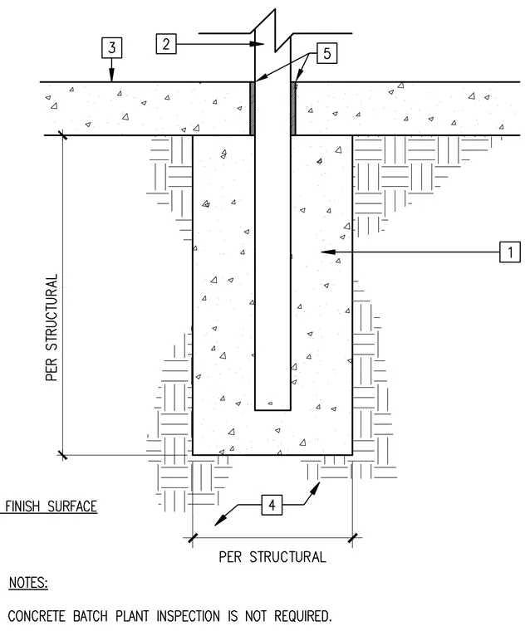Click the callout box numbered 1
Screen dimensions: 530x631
[x=510, y=252]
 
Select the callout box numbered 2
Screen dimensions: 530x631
[x=166, y=44]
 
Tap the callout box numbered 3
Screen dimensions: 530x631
[x=111, y=47]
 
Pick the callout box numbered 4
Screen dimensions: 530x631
[x=272, y=505]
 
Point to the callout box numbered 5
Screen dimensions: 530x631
[x=327, y=53]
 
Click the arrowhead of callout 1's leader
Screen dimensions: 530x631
[x=328, y=252]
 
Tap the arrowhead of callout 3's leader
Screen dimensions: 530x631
[x=111, y=76]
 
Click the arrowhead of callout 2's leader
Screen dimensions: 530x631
[x=258, y=44]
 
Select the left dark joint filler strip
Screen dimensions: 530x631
[x=253, y=109]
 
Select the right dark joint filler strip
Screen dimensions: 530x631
[x=293, y=109]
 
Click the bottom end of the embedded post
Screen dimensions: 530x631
[x=272, y=409]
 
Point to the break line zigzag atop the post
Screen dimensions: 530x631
[x=275, y=30]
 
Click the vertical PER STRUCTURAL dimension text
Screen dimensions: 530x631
[x=52, y=328]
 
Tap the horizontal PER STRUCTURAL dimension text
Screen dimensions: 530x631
[x=272, y=557]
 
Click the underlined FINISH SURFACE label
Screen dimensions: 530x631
[x=51, y=506]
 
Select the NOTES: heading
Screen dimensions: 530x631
[x=28, y=583]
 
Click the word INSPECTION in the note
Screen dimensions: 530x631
[x=188, y=616]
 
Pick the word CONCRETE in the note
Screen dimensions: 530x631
[x=37, y=616]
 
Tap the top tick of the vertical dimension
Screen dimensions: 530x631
[x=62, y=135]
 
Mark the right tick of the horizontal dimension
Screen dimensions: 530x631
[x=353, y=538]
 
